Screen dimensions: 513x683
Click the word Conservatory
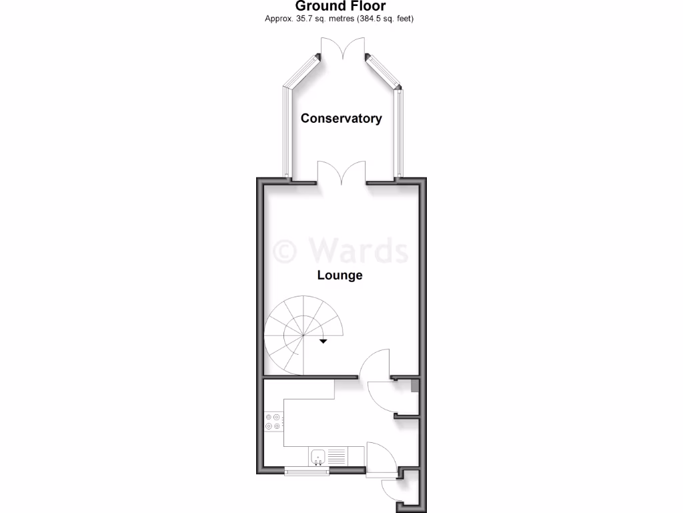[x=341, y=118]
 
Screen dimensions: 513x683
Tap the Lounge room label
[x=339, y=275]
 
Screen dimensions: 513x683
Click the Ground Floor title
[x=341, y=6]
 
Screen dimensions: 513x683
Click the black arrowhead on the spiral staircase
[x=323, y=341]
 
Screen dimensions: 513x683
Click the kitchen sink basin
[x=319, y=457]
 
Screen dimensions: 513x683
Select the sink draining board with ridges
[x=337, y=457]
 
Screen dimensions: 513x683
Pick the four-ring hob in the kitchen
[x=273, y=421]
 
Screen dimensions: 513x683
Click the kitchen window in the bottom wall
[x=307, y=472]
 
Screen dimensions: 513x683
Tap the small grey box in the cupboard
[x=414, y=385]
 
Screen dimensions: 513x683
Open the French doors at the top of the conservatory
[x=342, y=49]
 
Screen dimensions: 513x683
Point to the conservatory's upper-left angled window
[x=301, y=71]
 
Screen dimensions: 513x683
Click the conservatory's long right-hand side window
[x=399, y=134]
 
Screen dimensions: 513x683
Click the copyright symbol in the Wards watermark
[x=285, y=250]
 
